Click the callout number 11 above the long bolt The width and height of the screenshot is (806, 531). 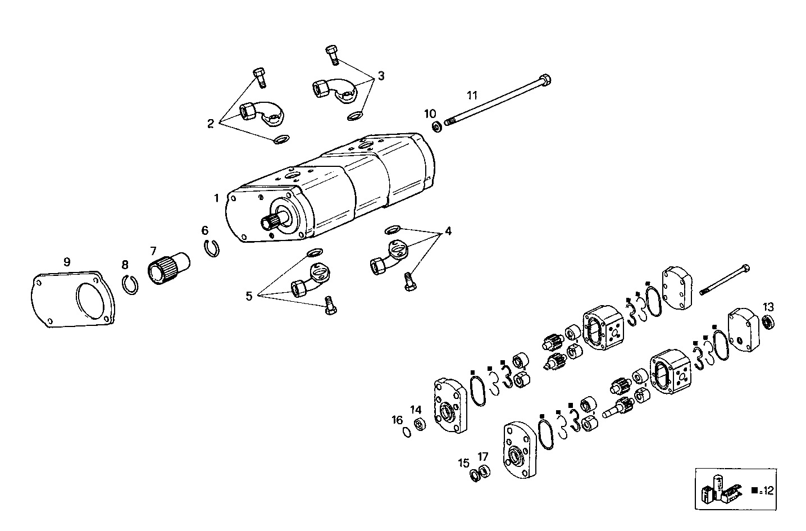tap(472, 95)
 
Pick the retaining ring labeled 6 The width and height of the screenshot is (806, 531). tap(212, 248)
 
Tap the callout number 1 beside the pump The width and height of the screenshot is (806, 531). tap(216, 198)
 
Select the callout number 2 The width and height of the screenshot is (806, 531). tap(211, 123)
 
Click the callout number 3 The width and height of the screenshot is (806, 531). tap(381, 76)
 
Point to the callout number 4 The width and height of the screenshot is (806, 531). tap(448, 231)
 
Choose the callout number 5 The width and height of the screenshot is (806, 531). tap(249, 296)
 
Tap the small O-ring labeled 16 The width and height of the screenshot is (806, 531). tap(406, 432)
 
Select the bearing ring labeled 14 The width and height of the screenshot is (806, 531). tap(418, 424)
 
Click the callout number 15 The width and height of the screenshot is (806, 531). tap(463, 463)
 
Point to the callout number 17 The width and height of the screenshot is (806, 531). tap(483, 456)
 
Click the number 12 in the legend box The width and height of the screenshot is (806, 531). tap(768, 491)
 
